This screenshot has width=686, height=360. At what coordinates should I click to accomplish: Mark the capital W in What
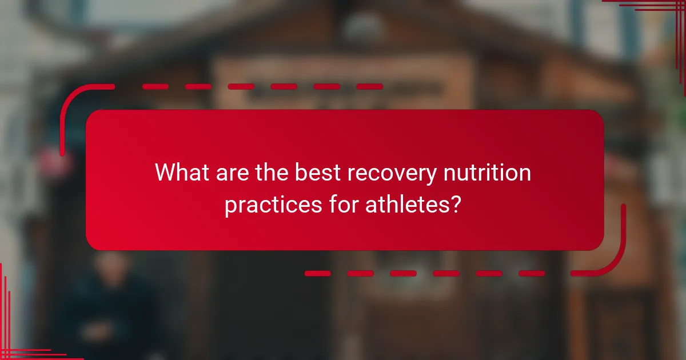[x=166, y=173]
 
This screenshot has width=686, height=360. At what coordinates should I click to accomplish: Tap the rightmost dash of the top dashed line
[x=369, y=87]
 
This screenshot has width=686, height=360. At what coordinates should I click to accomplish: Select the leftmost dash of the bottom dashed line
[x=317, y=273]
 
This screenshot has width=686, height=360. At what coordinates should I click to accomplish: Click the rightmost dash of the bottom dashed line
[x=532, y=273]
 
